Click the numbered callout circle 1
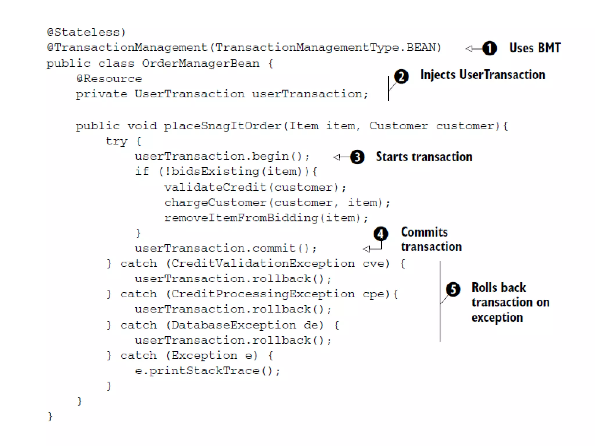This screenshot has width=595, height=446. [490, 48]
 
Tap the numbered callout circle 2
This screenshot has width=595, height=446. [401, 77]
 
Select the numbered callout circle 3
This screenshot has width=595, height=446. [357, 157]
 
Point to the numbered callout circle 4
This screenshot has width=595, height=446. [381, 234]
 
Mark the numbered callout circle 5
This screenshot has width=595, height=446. [453, 289]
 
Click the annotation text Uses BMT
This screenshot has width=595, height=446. [535, 48]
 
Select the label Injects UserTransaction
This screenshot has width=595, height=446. [483, 75]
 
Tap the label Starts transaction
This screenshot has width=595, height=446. [424, 157]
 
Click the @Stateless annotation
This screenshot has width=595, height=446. [86, 32]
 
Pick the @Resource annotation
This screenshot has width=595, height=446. [109, 79]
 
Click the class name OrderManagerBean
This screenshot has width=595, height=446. [200, 63]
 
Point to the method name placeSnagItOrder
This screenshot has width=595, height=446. [223, 126]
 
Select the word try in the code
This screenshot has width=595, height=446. [117, 141]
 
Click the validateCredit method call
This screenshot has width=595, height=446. [215, 187]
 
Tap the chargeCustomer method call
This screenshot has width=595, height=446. [215, 203]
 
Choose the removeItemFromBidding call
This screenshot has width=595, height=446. [241, 218]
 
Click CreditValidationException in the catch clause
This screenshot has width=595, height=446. [263, 263]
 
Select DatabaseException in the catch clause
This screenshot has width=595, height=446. [234, 325]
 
